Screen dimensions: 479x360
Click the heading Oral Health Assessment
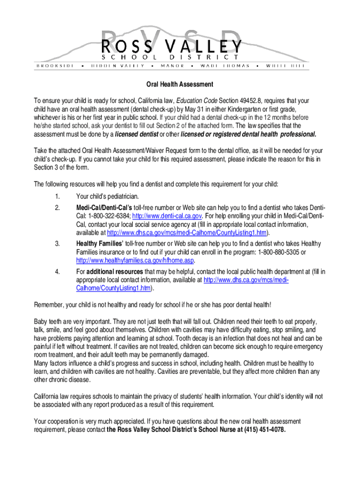pyautogui.click(x=180, y=85)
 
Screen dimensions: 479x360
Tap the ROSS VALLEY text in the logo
pyautogui.click(x=172, y=46)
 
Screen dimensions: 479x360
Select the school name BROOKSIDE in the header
pyautogui.click(x=55, y=66)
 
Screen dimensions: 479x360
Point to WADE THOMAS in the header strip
pyautogui.click(x=225, y=66)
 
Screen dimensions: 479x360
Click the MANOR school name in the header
pyautogui.click(x=172, y=66)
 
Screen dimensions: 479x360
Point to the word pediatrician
pyautogui.click(x=118, y=196)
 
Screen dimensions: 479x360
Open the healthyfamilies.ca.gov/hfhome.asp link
pyautogui.click(x=135, y=261)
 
